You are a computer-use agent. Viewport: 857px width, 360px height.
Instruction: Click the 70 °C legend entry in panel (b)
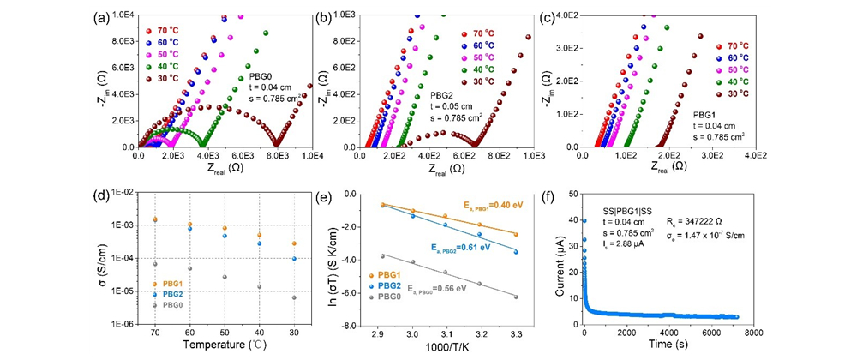467,32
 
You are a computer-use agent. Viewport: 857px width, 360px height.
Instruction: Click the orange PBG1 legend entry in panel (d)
170,283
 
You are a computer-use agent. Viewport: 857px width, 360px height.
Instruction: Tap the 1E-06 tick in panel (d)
119,325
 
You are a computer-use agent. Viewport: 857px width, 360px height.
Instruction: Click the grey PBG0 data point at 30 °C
294,297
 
